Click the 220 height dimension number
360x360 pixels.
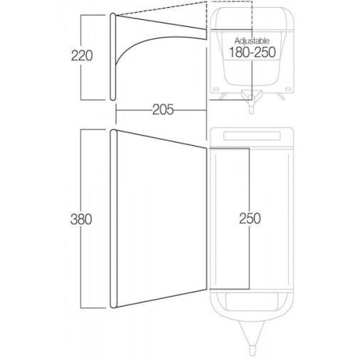coord(82,55)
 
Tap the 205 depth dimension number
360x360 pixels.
coord(163,110)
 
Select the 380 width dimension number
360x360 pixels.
coord(81,219)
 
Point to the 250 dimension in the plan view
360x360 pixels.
coord(250,218)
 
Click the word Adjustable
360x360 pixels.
coord(252,41)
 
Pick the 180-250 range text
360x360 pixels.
coord(253,52)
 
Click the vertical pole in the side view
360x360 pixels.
coord(113,57)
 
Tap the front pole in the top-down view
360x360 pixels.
coord(114,218)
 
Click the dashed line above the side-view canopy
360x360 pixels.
coord(162,9)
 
